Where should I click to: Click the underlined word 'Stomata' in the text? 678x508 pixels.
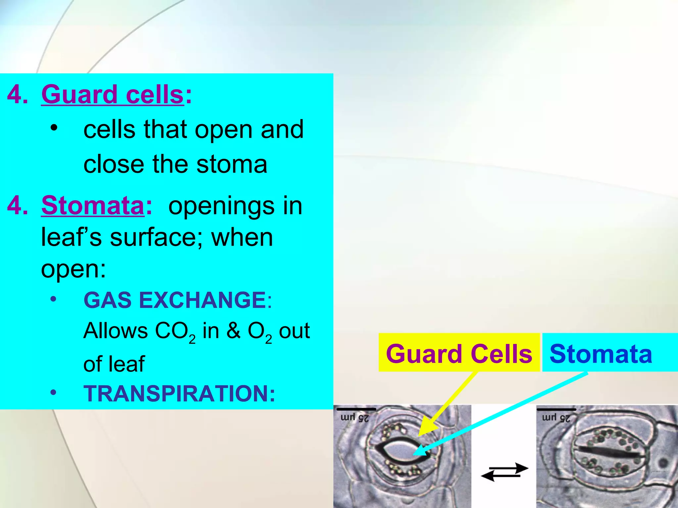pos(93,205)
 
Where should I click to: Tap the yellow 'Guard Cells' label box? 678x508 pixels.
pos(459,353)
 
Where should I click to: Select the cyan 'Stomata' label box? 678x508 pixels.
pos(601,353)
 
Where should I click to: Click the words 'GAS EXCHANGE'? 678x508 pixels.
pos(174,300)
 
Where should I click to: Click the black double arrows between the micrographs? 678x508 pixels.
pos(504,472)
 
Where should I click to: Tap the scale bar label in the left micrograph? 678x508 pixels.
pos(355,418)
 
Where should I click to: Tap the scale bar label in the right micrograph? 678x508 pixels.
pos(556,418)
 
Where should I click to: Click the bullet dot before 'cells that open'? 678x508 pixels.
pos(54,127)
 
